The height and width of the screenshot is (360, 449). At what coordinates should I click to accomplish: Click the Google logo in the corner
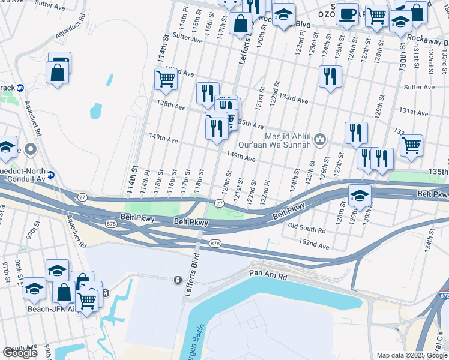(20, 353)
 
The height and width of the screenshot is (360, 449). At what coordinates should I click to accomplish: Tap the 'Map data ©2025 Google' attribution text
(412, 355)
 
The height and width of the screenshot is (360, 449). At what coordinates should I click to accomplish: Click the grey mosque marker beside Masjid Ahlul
(320, 140)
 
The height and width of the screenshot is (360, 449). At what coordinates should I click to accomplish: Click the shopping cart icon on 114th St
(166, 78)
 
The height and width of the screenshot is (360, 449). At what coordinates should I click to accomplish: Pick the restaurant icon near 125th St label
(330, 76)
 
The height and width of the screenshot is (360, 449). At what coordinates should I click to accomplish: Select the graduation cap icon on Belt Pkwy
(360, 196)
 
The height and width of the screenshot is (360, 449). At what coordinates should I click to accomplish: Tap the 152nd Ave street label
(316, 246)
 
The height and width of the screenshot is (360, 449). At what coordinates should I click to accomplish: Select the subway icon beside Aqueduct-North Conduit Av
(51, 175)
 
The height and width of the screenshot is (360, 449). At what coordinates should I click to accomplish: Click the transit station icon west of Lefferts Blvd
(178, 280)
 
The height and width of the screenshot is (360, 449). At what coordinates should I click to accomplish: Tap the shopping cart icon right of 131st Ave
(411, 145)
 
